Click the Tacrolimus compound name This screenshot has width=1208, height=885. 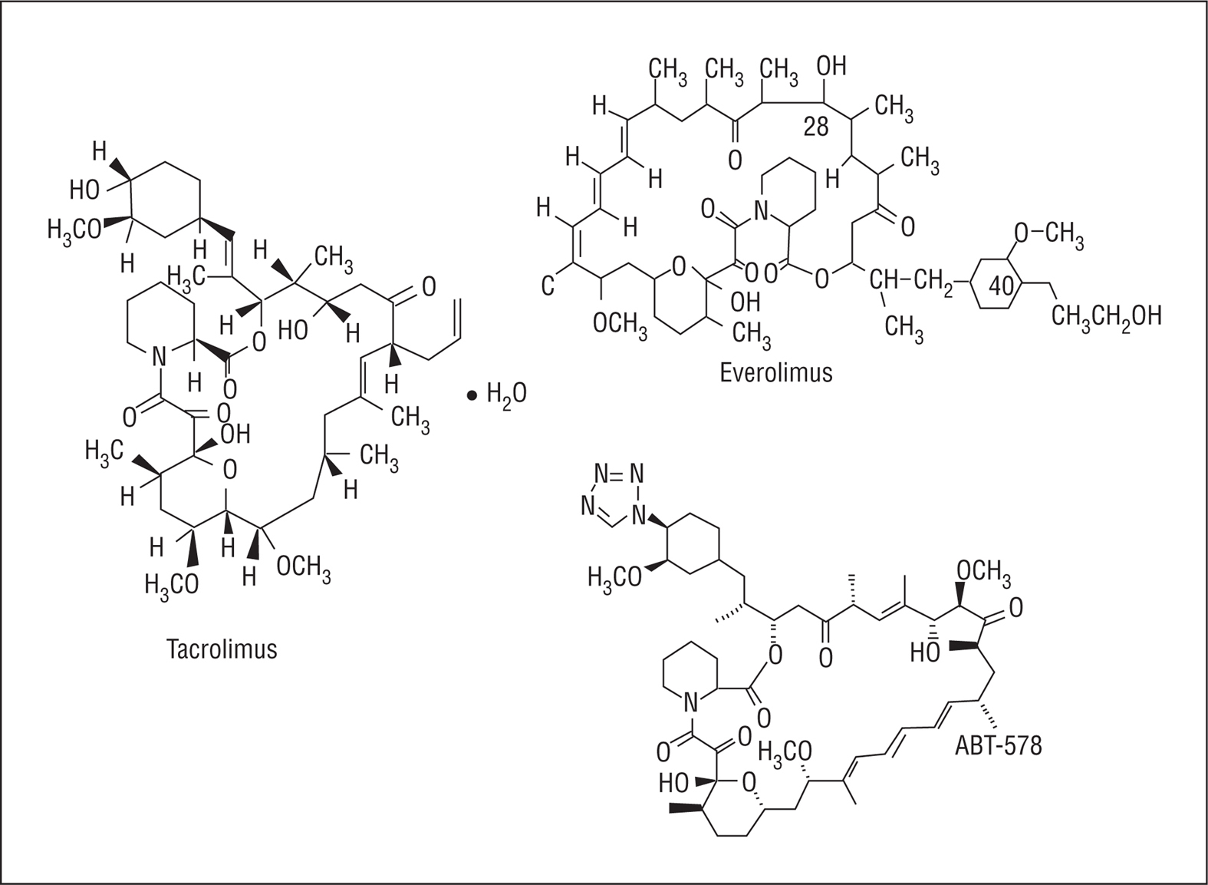(x=222, y=649)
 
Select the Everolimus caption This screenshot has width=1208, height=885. (x=775, y=372)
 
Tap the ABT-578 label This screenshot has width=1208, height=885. (x=998, y=745)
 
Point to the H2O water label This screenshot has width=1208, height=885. (x=506, y=395)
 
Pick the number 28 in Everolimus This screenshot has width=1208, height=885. (x=816, y=127)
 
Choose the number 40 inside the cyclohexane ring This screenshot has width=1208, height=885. (x=1002, y=287)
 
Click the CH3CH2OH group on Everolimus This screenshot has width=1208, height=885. (x=1105, y=315)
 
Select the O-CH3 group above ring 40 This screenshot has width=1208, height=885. (x=1048, y=233)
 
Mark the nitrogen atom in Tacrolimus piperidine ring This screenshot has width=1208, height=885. (x=158, y=355)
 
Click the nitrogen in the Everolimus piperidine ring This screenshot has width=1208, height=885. (x=760, y=209)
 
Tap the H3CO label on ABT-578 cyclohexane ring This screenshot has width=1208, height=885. (x=614, y=576)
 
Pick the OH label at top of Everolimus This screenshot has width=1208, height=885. (x=831, y=66)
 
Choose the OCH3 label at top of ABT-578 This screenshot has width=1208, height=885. (x=983, y=571)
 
